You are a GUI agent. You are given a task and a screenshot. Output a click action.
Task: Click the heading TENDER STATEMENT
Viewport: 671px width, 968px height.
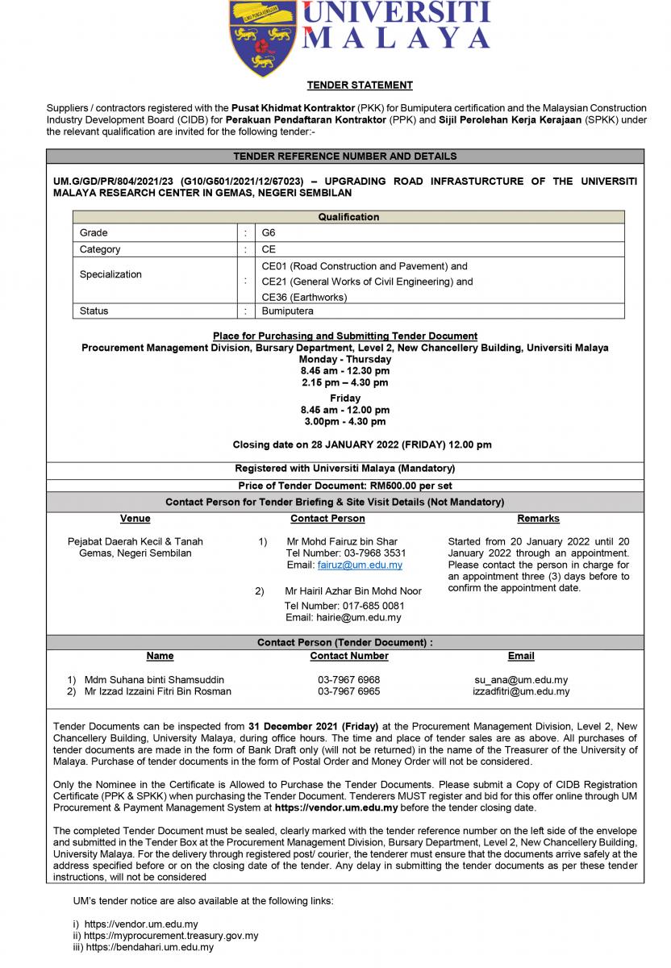pos(359,85)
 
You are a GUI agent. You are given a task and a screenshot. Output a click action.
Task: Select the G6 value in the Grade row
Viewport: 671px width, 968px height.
pos(269,232)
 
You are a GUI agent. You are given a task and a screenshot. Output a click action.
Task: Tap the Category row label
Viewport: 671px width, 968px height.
pos(100,249)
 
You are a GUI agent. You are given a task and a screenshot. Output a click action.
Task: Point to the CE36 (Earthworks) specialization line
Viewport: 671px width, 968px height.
pos(304,297)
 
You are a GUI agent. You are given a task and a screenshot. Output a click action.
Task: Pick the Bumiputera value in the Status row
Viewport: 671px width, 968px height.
pos(287,311)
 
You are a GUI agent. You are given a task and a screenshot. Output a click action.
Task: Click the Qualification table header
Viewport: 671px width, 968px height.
pos(348,216)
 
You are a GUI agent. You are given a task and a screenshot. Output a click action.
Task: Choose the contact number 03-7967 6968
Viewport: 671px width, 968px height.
pos(348,680)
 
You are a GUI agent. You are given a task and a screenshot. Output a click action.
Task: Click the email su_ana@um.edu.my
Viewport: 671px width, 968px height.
pos(521,680)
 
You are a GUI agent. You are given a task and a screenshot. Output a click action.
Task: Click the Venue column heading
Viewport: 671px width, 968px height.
pos(135,519)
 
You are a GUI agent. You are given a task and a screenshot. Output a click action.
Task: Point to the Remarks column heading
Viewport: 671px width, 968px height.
pos(538,519)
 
